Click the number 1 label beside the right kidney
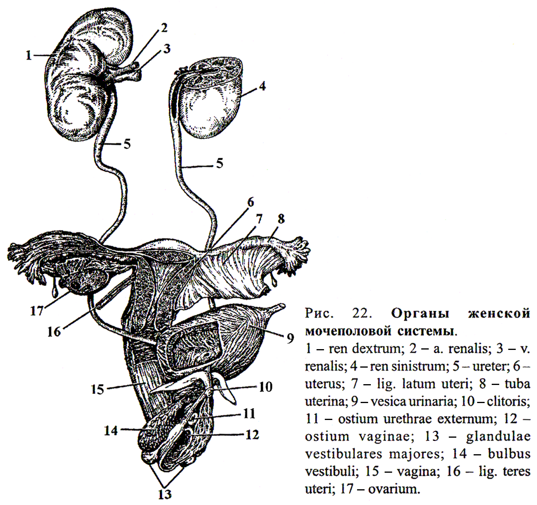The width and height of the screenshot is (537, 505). pos(28,55)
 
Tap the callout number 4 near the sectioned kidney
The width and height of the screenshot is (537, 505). pos(262,86)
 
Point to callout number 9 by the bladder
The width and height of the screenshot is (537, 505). pos(290,338)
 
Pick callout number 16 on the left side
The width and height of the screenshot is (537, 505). pos(54,331)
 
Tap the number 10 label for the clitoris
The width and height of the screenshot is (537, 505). pos(266,387)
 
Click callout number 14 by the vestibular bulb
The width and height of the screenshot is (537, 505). pos(111,431)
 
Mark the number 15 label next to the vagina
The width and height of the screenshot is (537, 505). pos(97,390)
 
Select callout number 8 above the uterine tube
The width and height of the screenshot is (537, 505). pos(281,219)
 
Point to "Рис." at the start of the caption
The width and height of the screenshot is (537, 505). pos(319,314)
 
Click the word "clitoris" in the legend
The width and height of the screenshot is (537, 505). pos(508,401)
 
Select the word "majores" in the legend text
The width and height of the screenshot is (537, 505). pos(414,454)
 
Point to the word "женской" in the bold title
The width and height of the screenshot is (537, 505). pos(499,314)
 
